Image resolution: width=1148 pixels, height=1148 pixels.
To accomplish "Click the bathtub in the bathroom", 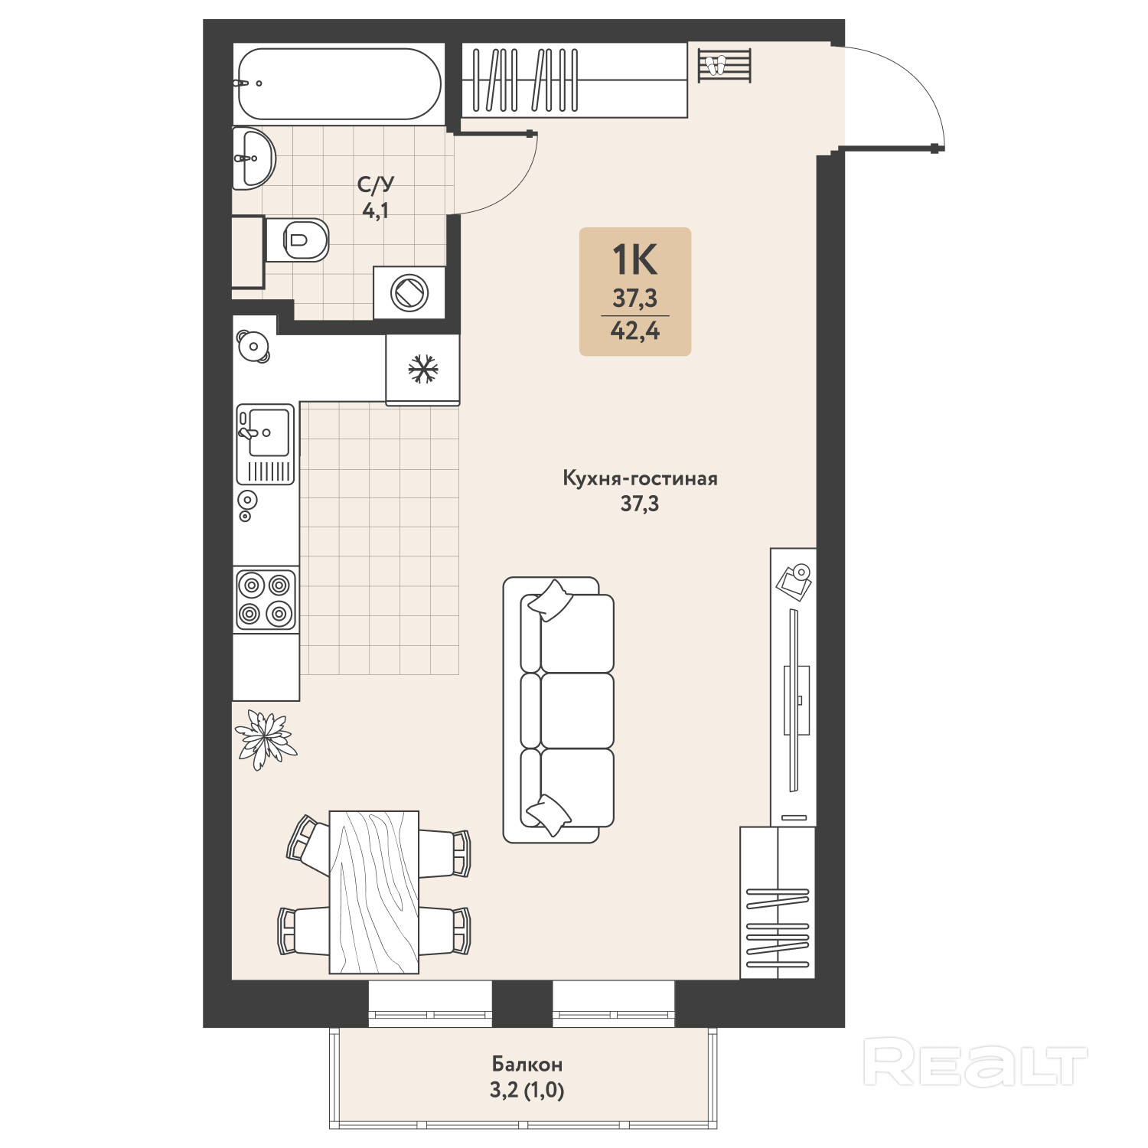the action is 339,84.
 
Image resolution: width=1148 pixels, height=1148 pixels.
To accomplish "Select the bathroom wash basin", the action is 253,158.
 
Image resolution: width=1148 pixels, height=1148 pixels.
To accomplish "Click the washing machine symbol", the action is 409,292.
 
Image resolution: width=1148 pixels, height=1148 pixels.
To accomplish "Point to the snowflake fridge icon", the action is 423,369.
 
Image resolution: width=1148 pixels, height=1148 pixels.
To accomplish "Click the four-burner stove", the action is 266,599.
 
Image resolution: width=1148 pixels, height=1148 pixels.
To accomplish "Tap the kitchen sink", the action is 266,444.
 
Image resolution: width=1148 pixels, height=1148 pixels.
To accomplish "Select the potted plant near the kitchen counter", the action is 265,738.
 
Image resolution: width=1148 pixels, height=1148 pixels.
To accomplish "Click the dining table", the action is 374,892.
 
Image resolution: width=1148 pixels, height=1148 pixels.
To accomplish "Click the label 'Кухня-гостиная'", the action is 640,479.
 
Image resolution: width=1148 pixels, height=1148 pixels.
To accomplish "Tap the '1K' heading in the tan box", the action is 634,260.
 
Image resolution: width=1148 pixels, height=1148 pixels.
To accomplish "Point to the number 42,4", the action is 635,331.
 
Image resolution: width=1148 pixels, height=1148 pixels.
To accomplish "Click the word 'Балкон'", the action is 527,1064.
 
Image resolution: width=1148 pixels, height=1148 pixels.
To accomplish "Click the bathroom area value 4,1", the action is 376,210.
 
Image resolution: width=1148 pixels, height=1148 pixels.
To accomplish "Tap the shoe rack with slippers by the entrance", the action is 724,65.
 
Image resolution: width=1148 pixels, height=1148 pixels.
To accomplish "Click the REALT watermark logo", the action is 976,1062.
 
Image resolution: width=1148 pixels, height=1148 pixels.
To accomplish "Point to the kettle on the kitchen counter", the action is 253,347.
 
